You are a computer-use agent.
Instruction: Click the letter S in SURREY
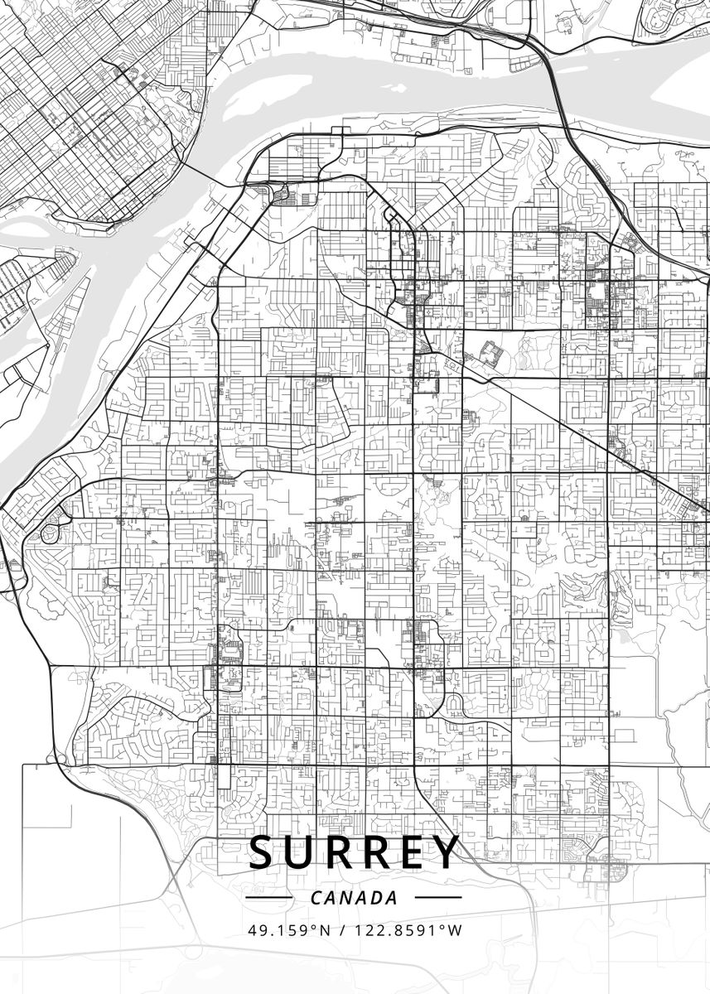(264, 852)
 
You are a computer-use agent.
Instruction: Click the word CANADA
(354, 898)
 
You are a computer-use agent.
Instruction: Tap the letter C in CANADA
(316, 898)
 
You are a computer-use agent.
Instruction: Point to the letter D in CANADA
(376, 898)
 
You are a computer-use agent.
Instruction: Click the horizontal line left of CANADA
(270, 897)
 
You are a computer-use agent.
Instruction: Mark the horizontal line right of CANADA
(437, 897)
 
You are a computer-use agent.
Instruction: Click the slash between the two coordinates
(343, 930)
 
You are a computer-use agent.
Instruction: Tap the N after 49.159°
(325, 930)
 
